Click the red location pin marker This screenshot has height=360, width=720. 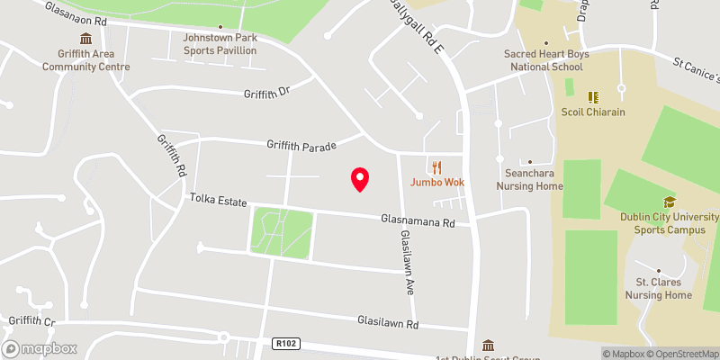pos(360,179)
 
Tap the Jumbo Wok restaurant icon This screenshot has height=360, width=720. pos(437,166)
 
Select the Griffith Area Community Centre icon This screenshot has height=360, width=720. pos(85,39)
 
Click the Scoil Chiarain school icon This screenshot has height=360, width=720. pos(593,96)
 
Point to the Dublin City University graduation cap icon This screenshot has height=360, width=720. pos(669,202)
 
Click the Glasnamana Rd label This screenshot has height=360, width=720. pos(418,219)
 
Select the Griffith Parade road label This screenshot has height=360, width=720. pos(301,145)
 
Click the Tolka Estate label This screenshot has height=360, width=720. pos(217,201)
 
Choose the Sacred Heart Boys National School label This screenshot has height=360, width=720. pos(546,60)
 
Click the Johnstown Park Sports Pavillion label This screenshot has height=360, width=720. pos(220,44)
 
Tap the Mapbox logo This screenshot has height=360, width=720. pos(40,348)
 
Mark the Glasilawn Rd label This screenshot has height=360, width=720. pos(388,322)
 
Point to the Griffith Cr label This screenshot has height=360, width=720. pos(31,320)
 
